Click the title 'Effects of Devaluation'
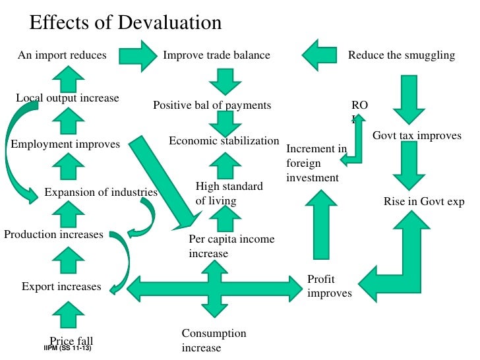(x=125, y=22)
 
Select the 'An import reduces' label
(x=62, y=55)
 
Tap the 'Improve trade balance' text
(x=216, y=55)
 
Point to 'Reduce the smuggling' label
(x=402, y=55)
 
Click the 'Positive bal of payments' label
(x=212, y=105)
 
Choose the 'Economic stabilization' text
(x=224, y=141)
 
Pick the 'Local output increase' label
(x=67, y=98)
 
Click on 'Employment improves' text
(x=65, y=144)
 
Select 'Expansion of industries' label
(x=101, y=193)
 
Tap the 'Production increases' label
(x=53, y=235)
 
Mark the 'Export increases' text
(x=61, y=287)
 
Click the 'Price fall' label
(x=71, y=341)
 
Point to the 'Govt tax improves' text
(x=417, y=136)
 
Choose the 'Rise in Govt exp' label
(x=424, y=202)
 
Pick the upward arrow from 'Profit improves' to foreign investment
(x=322, y=224)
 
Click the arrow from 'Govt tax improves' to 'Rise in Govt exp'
(x=407, y=167)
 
